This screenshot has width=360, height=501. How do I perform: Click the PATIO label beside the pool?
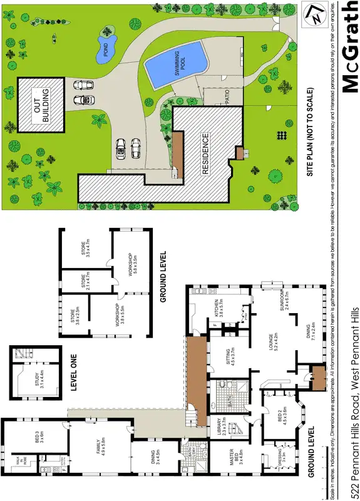[x=224, y=97]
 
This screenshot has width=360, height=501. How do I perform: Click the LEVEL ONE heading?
[x=73, y=376]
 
